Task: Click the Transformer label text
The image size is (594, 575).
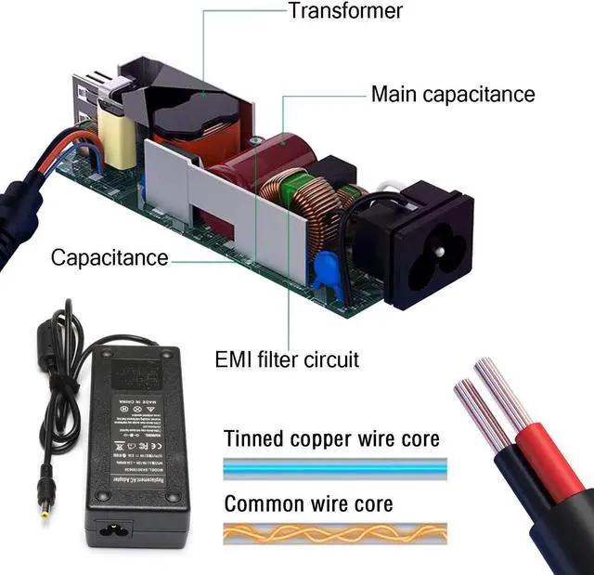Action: pos(345,11)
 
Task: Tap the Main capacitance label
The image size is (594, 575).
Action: pos(453,94)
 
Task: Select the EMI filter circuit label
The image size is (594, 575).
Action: pos(287,359)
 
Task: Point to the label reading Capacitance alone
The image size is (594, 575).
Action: pos(110,257)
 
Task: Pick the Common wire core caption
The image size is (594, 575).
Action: pos(308,504)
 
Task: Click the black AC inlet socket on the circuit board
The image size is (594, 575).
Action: pos(426,237)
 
